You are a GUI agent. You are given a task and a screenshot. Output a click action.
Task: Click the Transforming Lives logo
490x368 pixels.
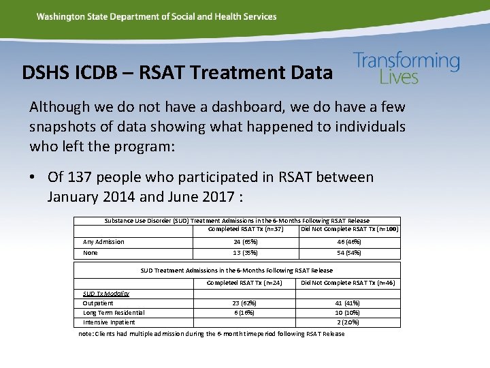(x=406, y=68)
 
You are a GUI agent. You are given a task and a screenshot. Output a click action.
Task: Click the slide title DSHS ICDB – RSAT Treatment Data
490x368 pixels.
(x=177, y=72)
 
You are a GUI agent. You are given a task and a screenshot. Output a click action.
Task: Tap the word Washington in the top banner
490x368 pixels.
(x=60, y=16)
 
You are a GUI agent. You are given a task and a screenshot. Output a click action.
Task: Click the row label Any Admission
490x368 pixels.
(x=103, y=242)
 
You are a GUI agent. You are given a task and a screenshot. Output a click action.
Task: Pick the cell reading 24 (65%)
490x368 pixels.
(x=244, y=242)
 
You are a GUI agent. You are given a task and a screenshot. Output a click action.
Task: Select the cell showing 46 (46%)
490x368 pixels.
(x=348, y=242)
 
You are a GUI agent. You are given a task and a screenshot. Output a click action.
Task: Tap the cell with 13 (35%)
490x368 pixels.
(x=244, y=253)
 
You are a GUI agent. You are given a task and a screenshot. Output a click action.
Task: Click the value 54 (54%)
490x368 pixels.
(x=348, y=253)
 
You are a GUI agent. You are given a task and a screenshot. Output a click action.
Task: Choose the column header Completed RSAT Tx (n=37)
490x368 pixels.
(x=245, y=229)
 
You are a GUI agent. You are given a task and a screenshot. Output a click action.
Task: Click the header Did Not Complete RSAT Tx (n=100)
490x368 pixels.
(x=349, y=229)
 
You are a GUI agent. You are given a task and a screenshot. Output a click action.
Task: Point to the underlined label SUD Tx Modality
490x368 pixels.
(x=105, y=293)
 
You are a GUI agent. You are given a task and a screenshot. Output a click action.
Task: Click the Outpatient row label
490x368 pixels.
(x=98, y=303)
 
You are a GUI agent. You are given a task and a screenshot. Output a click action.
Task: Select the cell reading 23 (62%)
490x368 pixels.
(x=244, y=303)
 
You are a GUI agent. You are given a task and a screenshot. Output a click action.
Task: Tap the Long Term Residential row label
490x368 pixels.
(x=114, y=312)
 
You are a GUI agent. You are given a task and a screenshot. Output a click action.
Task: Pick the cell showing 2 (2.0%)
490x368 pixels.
(x=348, y=322)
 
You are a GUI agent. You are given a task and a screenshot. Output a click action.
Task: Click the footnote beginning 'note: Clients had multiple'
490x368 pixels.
(x=212, y=334)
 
